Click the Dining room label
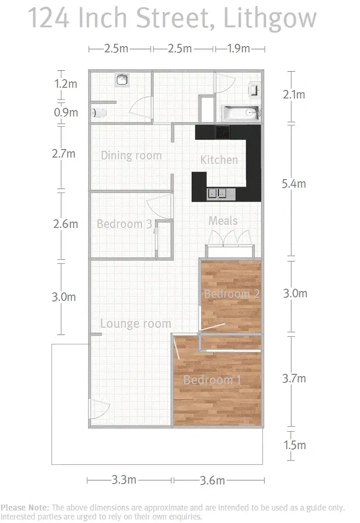(131, 156)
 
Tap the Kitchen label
(219, 160)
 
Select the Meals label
(223, 220)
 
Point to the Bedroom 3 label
(124, 224)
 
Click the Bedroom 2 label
(232, 293)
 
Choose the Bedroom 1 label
(212, 380)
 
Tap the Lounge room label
(135, 324)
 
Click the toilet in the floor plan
(99, 113)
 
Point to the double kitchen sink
(219, 194)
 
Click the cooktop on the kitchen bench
(222, 132)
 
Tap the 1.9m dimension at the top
(238, 49)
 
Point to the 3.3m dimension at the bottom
(124, 480)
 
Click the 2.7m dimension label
(64, 154)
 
